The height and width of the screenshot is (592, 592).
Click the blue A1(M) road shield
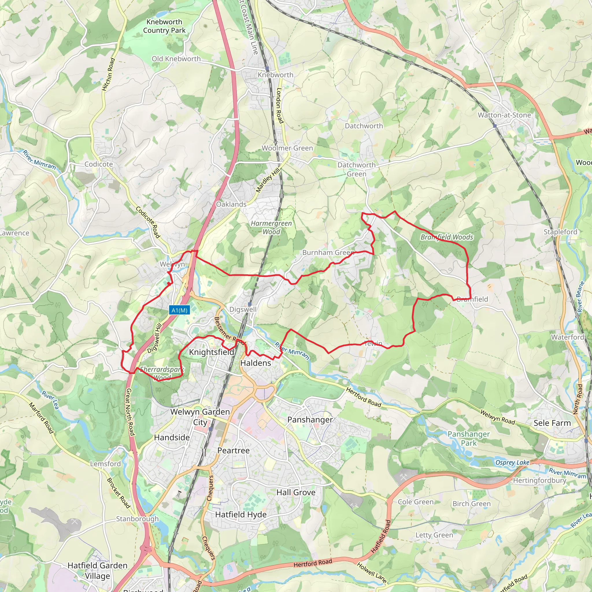(179, 310)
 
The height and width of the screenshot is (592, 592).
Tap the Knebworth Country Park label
(164, 26)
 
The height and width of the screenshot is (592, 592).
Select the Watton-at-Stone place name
(504, 115)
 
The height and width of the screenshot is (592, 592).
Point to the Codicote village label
(99, 164)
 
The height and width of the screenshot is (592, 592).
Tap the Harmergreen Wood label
(271, 227)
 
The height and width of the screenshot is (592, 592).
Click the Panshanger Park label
(469, 439)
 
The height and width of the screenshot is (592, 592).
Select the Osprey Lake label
(512, 462)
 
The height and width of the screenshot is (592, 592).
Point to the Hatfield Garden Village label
(97, 571)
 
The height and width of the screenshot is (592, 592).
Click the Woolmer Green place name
(287, 148)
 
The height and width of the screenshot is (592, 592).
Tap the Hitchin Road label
(108, 75)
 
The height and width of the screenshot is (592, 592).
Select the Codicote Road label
(148, 222)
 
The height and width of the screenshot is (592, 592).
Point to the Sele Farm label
(552, 423)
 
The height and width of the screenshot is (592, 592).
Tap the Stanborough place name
(137, 519)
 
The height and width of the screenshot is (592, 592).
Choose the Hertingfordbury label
(540, 480)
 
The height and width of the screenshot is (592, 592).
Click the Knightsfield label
(211, 352)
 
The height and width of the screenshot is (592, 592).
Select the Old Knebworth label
(176, 59)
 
